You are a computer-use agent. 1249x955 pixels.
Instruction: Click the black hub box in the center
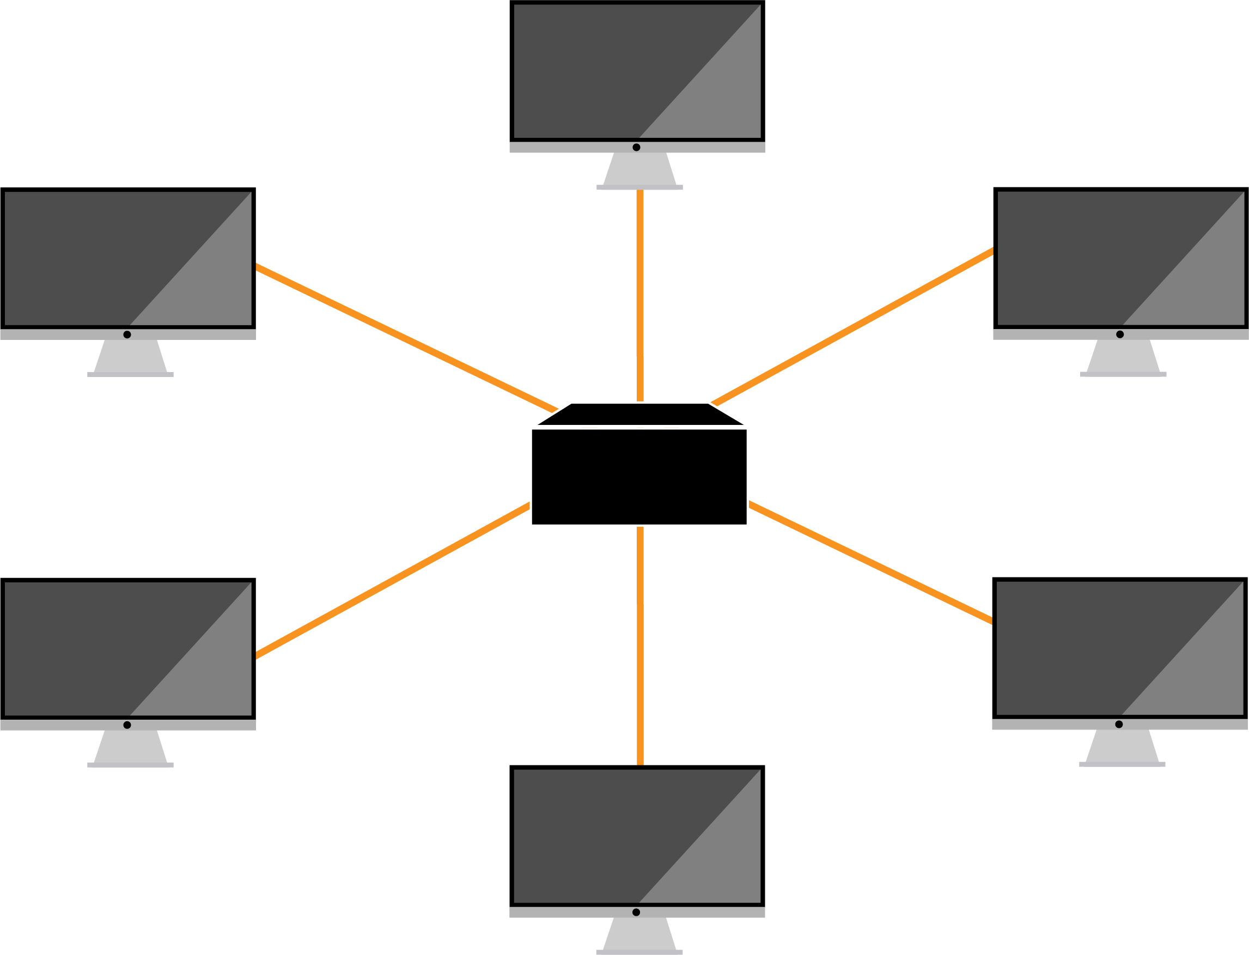point(639,476)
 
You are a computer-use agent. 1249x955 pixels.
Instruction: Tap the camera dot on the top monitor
point(636,147)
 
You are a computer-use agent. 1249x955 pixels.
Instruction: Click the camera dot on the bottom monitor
point(636,913)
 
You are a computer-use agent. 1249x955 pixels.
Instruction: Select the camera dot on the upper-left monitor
point(127,334)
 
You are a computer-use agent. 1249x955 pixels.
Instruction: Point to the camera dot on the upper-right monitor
point(1120,334)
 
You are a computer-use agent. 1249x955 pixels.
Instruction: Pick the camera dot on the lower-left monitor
point(127,725)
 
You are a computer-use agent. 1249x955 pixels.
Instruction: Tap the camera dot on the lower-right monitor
point(1119,724)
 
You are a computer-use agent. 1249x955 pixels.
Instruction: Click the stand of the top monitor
point(640,171)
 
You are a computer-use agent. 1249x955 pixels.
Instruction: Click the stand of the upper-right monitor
point(1123,357)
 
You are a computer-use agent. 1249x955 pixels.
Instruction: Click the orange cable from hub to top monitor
point(640,296)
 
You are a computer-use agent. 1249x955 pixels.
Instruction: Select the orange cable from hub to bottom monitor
point(640,645)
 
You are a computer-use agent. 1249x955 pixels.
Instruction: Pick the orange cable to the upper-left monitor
point(406,338)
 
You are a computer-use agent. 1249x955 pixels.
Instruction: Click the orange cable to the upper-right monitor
point(852,326)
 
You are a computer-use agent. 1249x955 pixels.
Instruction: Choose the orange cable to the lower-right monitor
point(869,562)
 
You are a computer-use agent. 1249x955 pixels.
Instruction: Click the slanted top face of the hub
point(640,414)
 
